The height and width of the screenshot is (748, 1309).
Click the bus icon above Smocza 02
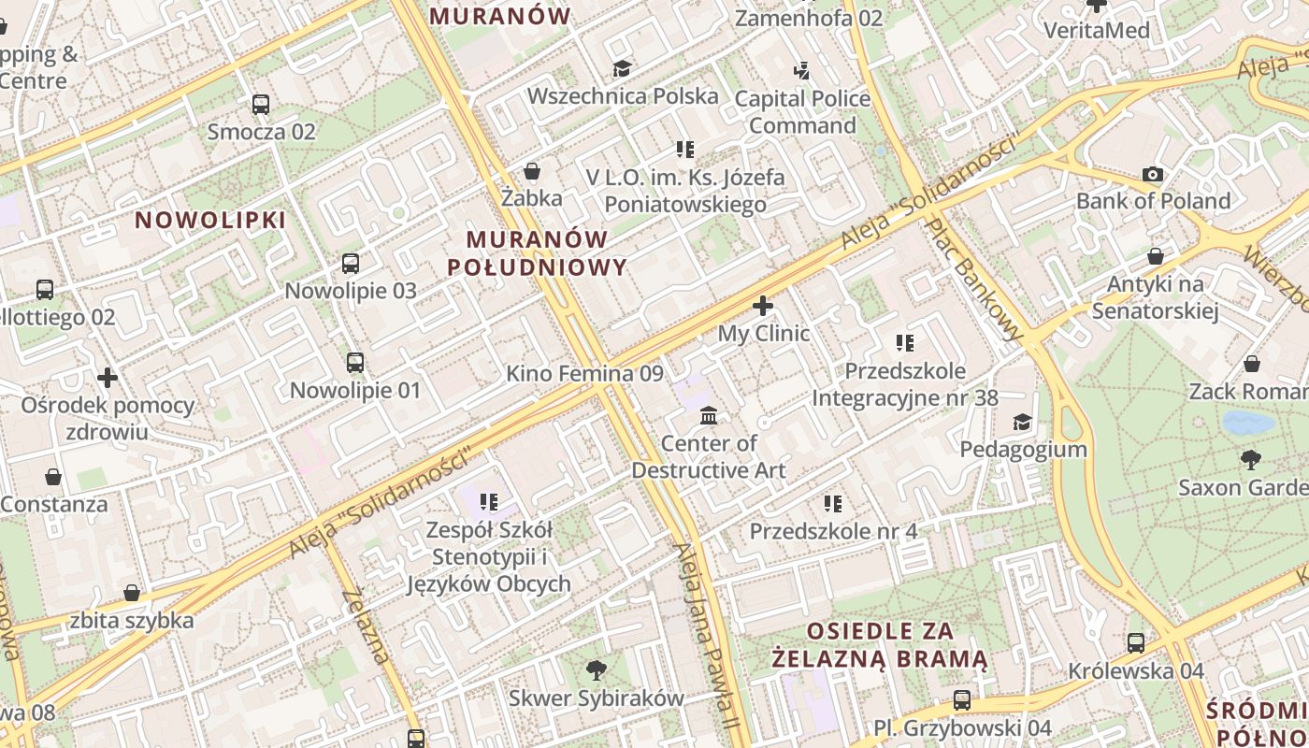click(x=261, y=104)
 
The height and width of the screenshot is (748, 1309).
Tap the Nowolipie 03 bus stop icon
click(x=351, y=264)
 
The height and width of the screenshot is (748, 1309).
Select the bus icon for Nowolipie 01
click(x=355, y=363)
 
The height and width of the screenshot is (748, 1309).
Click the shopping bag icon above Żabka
click(x=532, y=171)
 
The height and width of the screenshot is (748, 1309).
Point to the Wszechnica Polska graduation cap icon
click(x=622, y=68)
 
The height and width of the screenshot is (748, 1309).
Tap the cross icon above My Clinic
click(x=763, y=306)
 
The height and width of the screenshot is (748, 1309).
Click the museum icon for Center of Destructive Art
click(x=709, y=415)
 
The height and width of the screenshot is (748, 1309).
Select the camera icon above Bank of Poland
click(x=1153, y=174)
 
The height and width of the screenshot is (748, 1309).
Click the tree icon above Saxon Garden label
click(x=1250, y=460)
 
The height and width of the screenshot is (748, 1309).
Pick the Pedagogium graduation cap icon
click(x=1022, y=423)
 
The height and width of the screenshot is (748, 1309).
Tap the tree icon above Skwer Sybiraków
click(x=596, y=670)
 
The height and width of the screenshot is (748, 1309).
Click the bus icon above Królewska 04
click(x=1136, y=643)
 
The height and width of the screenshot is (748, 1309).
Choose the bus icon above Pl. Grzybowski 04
click(x=962, y=700)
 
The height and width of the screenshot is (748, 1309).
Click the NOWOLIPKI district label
click(x=210, y=221)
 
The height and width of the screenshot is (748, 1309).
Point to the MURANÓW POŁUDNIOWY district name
click(x=537, y=253)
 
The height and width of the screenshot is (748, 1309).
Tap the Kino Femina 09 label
click(x=584, y=374)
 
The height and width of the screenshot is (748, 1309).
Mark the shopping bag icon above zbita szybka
click(x=132, y=593)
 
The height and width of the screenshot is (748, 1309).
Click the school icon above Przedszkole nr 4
click(x=833, y=504)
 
